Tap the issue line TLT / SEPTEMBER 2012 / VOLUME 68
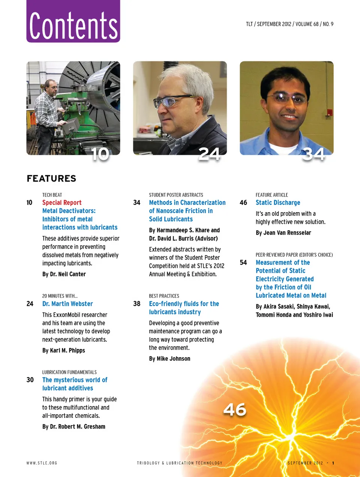tap(289, 24)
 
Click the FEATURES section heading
tap(51, 179)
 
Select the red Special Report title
tap(62, 203)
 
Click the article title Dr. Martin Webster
tap(67, 304)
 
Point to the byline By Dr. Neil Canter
tap(64, 274)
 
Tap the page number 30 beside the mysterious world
tap(30, 380)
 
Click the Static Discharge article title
tap(278, 203)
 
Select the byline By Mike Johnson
tap(169, 359)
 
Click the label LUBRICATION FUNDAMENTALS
tap(69, 372)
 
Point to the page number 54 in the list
tap(243, 263)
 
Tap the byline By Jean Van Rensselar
tap(283, 233)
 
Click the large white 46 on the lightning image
tap(235, 409)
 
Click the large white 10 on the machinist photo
tap(100, 154)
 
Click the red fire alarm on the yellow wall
tap(329, 112)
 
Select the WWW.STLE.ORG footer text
tap(42, 463)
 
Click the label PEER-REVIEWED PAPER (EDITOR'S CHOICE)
tap(294, 255)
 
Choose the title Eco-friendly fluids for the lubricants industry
tap(184, 308)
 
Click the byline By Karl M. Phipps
tap(64, 351)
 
